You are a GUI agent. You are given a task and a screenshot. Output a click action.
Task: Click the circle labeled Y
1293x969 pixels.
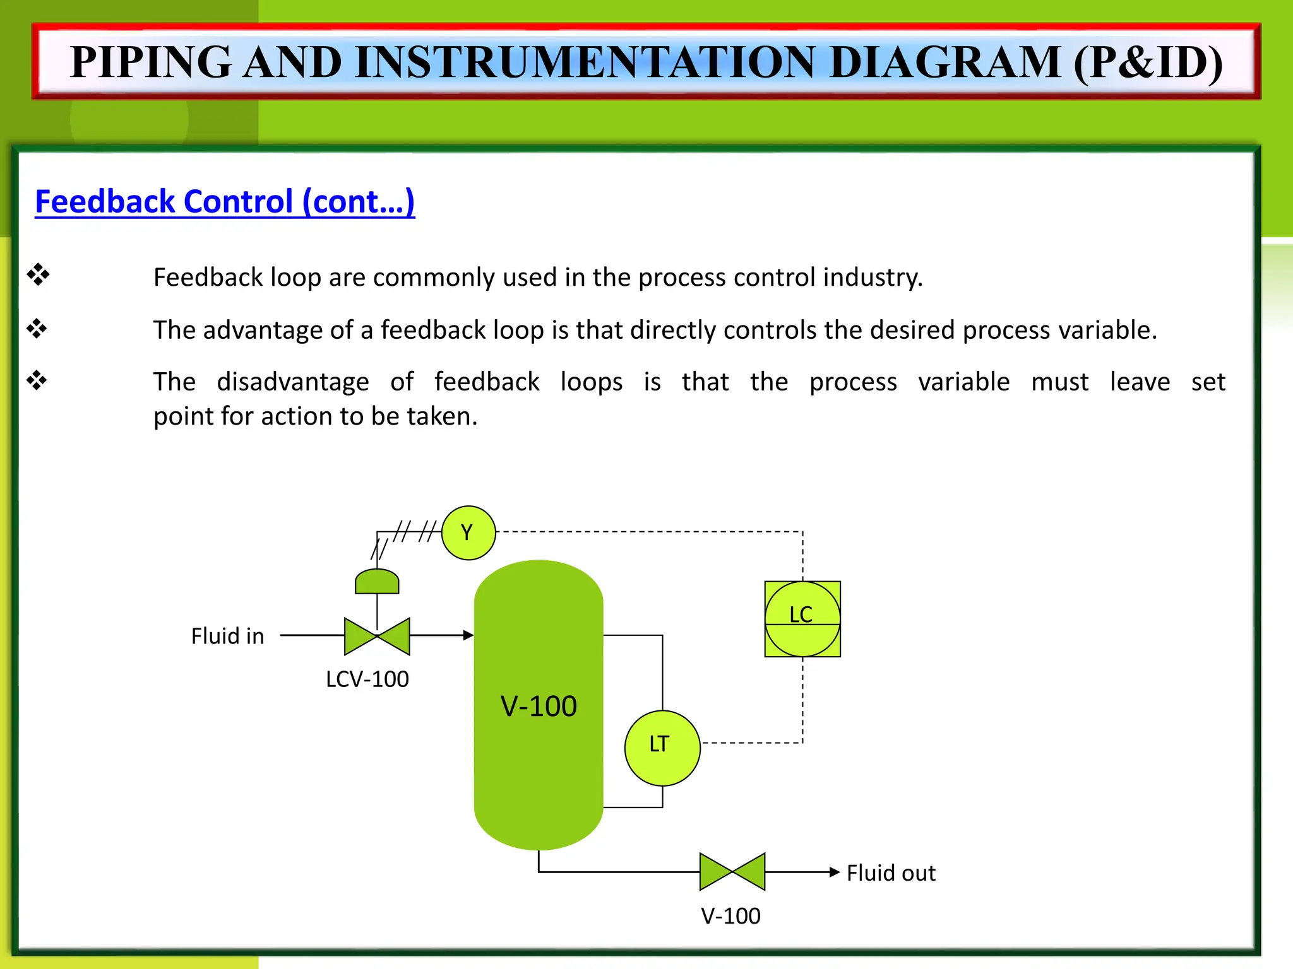coord(468,533)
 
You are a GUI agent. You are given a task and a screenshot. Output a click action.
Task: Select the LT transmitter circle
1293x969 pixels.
coord(662,748)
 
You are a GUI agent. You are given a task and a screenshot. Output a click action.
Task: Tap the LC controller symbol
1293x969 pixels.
coord(802,619)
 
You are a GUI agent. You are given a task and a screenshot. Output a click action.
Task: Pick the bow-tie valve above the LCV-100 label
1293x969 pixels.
coord(377,636)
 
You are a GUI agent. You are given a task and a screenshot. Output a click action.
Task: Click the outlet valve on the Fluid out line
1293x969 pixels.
coord(732,872)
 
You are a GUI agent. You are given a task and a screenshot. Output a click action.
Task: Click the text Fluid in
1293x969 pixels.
coord(227,636)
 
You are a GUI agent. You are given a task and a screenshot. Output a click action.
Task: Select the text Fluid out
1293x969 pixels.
coord(891,873)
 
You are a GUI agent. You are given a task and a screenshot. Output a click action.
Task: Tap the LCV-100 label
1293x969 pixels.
coord(367,679)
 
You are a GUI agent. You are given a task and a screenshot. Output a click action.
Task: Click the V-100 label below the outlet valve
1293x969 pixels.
coord(730,916)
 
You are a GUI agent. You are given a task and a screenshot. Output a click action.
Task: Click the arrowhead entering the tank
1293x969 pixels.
coord(468,635)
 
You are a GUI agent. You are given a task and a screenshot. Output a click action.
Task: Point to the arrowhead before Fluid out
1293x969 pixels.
coord(834,872)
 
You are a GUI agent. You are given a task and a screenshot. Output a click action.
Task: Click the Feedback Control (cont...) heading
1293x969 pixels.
coord(225,202)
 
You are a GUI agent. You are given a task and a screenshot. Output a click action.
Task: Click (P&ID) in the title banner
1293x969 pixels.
coord(1148,62)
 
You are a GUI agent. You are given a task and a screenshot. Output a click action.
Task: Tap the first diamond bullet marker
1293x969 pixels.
coord(38,275)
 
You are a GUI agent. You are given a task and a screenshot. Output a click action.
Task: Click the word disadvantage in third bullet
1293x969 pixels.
coord(293,382)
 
